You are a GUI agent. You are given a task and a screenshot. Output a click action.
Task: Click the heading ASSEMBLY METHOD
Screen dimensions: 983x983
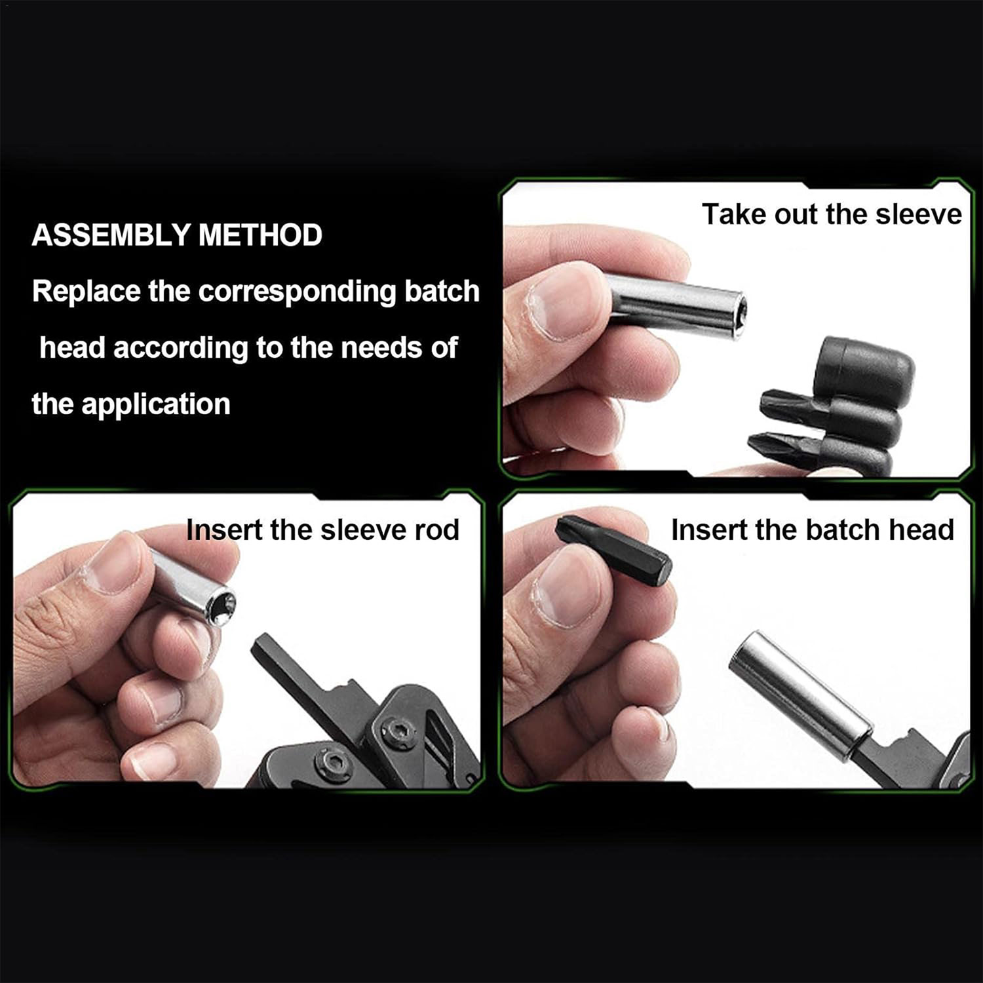point(177,235)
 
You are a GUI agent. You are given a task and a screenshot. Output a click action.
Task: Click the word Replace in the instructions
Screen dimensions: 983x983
point(87,292)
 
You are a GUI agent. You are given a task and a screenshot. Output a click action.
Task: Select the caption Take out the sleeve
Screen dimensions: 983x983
point(832,214)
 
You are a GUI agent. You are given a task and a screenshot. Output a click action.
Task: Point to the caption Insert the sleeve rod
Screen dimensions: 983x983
point(322,530)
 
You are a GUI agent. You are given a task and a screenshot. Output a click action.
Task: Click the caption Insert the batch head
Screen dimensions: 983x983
point(812,530)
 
